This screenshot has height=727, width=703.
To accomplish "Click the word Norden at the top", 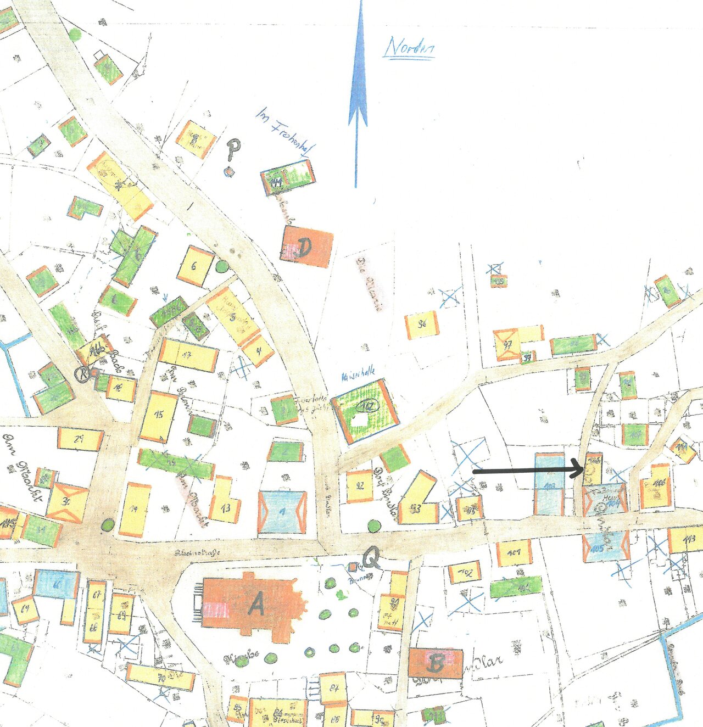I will [410, 47].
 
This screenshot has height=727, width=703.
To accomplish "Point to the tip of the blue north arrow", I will [360, 3].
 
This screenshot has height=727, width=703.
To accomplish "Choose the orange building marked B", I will [436, 663].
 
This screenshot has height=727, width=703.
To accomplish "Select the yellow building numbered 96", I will [422, 325].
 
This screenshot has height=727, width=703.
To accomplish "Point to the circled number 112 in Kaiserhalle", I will [367, 406].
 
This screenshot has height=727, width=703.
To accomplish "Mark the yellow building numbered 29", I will [80, 439].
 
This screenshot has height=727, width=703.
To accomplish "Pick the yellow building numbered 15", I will [159, 416].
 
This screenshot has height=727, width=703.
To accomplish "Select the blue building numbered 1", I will [282, 512].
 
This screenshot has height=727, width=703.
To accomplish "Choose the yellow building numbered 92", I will [360, 486].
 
